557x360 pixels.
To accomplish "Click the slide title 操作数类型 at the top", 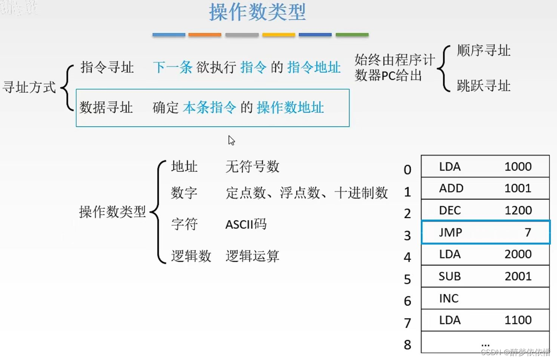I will point(257,13).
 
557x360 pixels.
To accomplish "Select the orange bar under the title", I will point(205,35).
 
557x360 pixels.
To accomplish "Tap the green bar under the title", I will point(352,35).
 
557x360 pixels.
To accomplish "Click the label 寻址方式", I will point(29,87).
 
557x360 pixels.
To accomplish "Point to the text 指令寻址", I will point(107,67).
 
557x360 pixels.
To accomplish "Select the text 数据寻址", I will point(106,108).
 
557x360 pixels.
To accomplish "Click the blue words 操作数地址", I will point(290,108).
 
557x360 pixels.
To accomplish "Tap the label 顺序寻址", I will point(484,50).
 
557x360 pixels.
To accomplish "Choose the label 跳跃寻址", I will point(484,86).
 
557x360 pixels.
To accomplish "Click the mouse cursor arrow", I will point(231,140).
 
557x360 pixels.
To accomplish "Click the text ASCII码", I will point(246,224).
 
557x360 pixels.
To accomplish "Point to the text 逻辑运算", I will point(252,256).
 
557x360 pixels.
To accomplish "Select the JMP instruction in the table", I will point(451,232).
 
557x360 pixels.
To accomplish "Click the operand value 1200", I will point(518,210).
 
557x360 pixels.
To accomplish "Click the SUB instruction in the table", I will point(450,276).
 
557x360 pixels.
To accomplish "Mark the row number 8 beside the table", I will point(407,345).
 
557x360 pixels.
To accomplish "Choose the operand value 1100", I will point(518,320).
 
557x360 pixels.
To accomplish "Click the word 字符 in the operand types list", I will point(185,224).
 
